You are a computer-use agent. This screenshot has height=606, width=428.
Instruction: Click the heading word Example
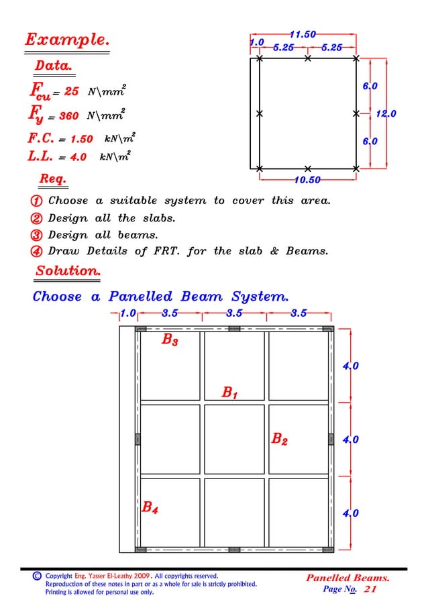[x=68, y=40]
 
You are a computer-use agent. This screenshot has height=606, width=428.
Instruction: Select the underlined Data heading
[x=54, y=66]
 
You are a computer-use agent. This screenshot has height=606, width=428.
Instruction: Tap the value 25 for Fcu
[x=72, y=91]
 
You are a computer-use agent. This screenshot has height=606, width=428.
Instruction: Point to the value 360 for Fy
[x=69, y=116]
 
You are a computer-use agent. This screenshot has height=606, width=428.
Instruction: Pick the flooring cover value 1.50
[x=81, y=140]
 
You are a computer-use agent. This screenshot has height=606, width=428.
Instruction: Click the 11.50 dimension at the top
[x=303, y=34]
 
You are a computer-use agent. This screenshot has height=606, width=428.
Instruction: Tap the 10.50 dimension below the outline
[x=307, y=180]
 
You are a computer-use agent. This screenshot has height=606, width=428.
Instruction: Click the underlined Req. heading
[x=52, y=179]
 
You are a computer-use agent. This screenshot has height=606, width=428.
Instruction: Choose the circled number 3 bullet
[x=37, y=235]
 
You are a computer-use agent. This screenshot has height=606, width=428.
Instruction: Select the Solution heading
[x=68, y=271]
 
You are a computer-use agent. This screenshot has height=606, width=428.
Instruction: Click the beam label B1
[x=229, y=392]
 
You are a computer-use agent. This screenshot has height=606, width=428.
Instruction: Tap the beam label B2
[x=279, y=440]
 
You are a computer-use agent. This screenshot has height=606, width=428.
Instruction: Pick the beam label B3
[x=170, y=340]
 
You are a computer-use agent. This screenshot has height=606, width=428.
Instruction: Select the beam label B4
[x=150, y=508]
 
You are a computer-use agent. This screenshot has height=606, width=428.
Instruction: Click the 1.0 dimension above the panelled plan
[x=128, y=313]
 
